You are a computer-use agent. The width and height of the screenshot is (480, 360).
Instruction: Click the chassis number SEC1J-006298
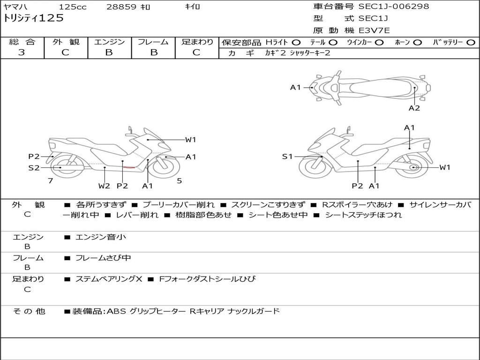tap(394, 6)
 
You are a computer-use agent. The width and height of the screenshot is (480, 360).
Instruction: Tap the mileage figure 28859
tap(121, 7)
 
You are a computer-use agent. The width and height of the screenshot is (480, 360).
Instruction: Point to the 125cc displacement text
tap(73, 7)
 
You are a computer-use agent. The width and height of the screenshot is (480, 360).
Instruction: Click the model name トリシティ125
tap(33, 18)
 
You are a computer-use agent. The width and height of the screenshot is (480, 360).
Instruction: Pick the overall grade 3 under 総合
tap(22, 52)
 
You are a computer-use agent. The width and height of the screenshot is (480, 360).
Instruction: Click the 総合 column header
tap(22, 42)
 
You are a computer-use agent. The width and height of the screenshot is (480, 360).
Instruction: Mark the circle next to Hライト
tap(296, 43)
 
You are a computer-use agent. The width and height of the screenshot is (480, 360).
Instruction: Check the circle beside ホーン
tap(417, 43)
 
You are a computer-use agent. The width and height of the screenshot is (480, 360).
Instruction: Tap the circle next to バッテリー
tap(471, 43)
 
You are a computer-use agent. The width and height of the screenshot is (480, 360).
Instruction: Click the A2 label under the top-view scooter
tap(414, 108)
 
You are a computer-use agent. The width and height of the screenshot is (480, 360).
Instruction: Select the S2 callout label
tap(34, 168)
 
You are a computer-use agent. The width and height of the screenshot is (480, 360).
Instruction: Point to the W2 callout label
tap(104, 186)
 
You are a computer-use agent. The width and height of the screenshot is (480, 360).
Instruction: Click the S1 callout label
tap(287, 157)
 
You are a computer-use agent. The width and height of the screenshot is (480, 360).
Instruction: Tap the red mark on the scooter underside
tap(129, 167)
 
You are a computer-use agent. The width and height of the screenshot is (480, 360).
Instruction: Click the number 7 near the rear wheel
tap(51, 181)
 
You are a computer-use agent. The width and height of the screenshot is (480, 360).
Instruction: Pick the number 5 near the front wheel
tap(180, 181)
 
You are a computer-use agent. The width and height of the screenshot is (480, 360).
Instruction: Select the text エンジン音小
tap(100, 237)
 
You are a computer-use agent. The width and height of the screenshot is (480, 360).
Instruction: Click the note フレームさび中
tap(103, 258)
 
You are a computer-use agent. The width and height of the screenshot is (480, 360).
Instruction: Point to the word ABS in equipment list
tap(116, 311)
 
